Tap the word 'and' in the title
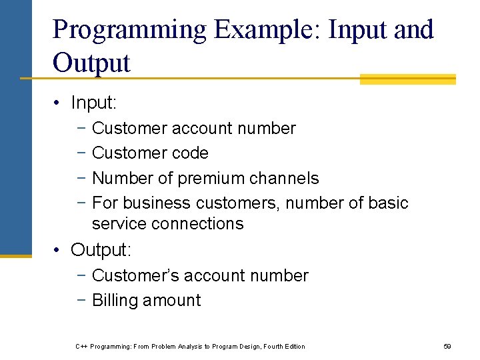click(x=413, y=30)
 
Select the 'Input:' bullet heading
click(x=93, y=103)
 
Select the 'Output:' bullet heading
click(x=101, y=250)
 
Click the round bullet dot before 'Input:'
click(x=59, y=103)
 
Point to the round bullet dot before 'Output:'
click(x=59, y=251)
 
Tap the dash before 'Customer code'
click(x=80, y=153)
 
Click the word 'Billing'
click(x=117, y=301)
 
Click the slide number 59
click(x=447, y=347)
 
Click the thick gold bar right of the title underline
click(x=407, y=79)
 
